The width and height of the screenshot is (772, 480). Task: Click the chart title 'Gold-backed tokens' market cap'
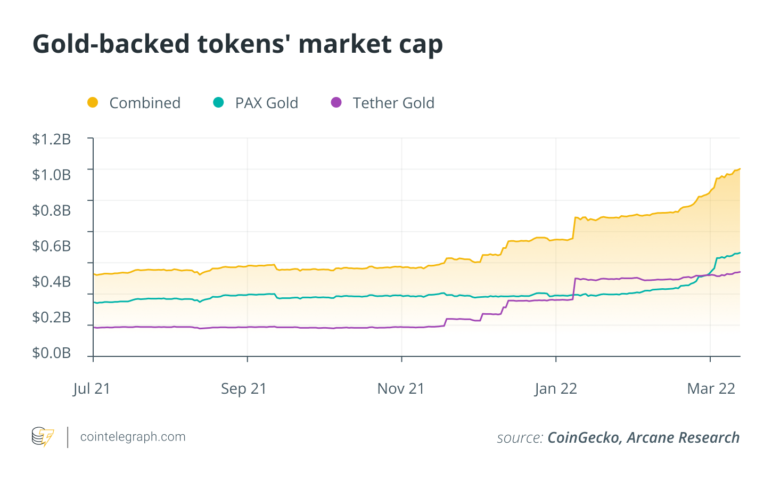[237, 44]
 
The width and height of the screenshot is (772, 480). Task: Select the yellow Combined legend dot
[93, 102]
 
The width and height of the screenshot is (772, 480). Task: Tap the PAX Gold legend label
[266, 103]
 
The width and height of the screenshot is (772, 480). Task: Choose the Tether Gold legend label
[393, 103]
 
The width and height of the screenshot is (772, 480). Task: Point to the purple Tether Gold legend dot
[336, 102]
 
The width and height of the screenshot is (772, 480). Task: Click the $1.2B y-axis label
[52, 139]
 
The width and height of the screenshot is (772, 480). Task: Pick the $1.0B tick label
[52, 175]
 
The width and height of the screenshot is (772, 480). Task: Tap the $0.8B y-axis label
[52, 210]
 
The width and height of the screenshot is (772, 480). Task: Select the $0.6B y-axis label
[52, 246]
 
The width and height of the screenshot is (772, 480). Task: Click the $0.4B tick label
[52, 281]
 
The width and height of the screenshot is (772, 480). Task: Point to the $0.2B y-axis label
[52, 317]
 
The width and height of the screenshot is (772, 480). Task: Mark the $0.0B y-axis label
[52, 353]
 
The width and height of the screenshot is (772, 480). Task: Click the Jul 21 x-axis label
[92, 388]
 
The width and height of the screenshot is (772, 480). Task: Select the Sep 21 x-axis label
[244, 388]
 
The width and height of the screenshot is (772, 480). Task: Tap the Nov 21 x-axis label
[401, 388]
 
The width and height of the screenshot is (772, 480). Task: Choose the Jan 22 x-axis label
[556, 388]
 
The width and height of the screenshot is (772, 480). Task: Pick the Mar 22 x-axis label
[711, 388]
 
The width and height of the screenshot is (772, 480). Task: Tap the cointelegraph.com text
[133, 437]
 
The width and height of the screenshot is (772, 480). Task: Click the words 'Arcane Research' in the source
[683, 438]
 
